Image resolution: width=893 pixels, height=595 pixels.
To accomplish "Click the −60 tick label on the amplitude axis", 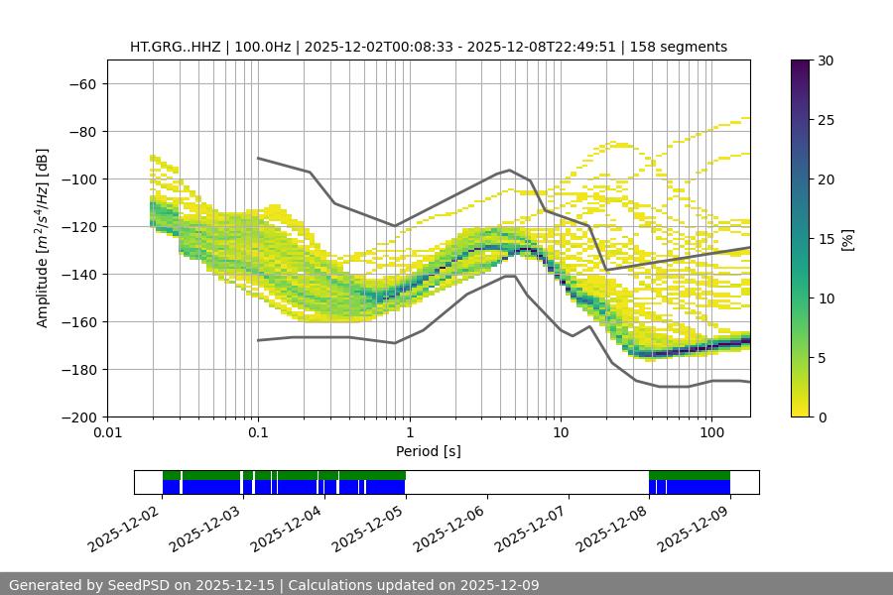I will (82, 83).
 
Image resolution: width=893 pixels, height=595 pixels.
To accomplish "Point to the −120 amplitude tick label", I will (78, 226).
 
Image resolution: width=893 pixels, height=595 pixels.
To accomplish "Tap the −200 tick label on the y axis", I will (78, 416).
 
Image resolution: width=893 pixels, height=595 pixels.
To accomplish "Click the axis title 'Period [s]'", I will (428, 451).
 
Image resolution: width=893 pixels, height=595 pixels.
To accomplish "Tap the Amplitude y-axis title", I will (43, 238).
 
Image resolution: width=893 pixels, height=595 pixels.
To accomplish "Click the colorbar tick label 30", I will (825, 60).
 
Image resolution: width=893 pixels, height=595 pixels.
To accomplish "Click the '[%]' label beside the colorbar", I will (846, 239).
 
